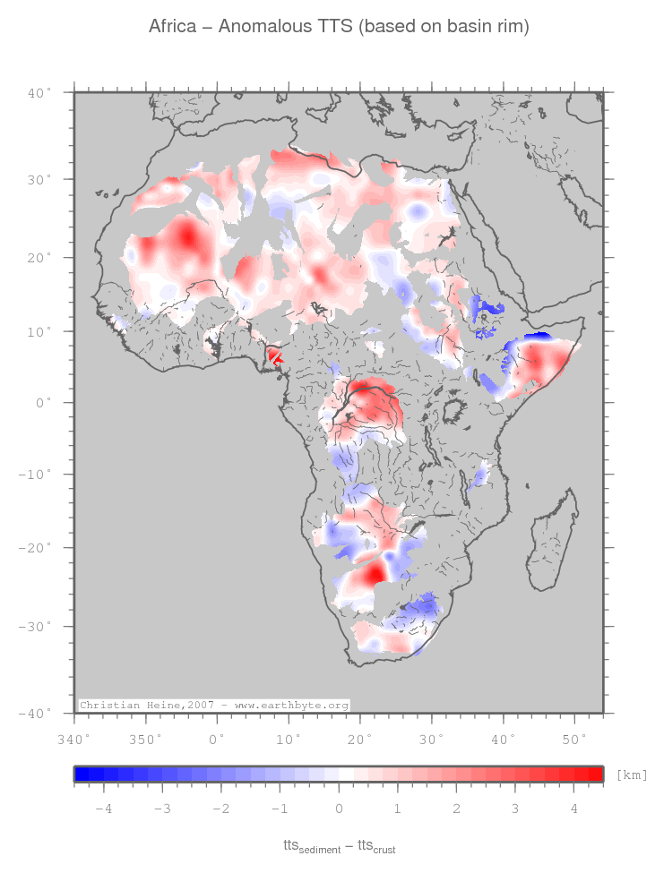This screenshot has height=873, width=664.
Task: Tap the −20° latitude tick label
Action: tap(37, 548)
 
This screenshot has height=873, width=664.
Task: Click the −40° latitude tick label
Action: tap(37, 714)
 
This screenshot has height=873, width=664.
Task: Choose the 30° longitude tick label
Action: tap(431, 739)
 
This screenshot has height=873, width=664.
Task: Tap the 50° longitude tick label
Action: tap(574, 739)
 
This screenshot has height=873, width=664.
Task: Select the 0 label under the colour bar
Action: tap(339, 809)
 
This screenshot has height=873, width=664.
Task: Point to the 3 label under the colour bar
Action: tap(515, 809)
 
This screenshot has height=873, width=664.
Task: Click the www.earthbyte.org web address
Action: tap(291, 706)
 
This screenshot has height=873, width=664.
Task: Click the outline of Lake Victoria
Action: tap(453, 413)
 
